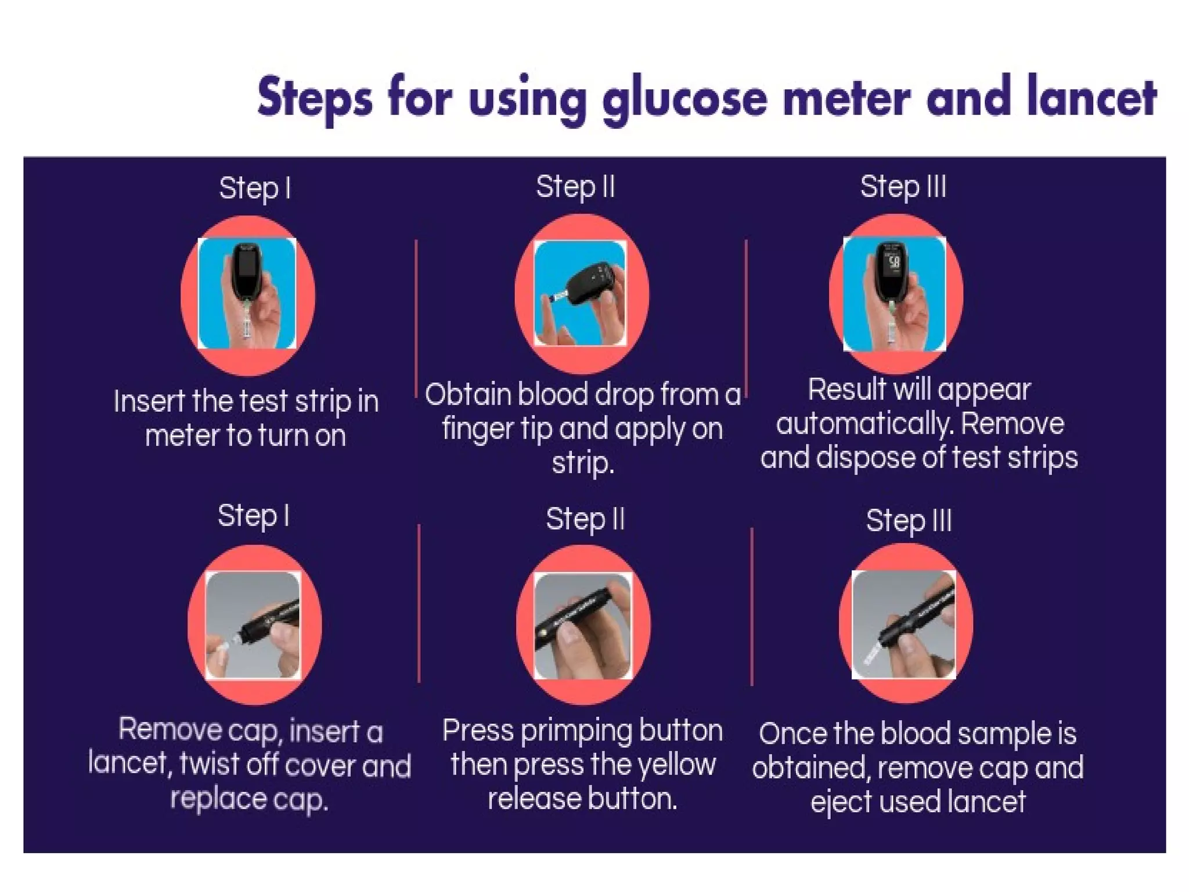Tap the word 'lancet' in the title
[x=1091, y=96]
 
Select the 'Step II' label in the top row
[x=575, y=187]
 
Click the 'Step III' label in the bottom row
[x=909, y=520]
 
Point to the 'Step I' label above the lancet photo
[x=254, y=516]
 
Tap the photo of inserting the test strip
[x=247, y=293]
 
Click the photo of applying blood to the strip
[x=580, y=293]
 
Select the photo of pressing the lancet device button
[x=583, y=625]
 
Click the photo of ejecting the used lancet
[x=903, y=624]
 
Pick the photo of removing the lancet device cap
[x=253, y=625]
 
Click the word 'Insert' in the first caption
[x=149, y=401]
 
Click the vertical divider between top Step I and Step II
[x=417, y=318]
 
